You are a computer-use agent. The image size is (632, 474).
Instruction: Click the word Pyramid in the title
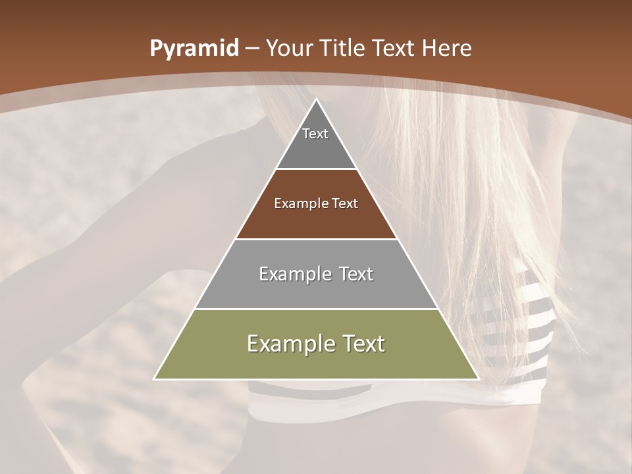tap(194, 49)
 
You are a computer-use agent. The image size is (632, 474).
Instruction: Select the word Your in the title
tap(290, 48)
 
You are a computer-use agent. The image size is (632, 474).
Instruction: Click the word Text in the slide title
tap(394, 48)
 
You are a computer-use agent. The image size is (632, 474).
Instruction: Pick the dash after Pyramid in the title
tap(251, 49)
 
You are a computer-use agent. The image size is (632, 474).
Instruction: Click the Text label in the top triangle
tap(315, 134)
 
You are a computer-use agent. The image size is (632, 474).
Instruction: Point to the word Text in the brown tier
tap(345, 203)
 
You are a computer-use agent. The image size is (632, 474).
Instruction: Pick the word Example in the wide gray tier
tap(295, 274)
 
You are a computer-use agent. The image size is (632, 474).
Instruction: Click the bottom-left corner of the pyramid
tap(155, 379)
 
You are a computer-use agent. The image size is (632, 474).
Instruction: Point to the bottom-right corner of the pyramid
tap(477, 379)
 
